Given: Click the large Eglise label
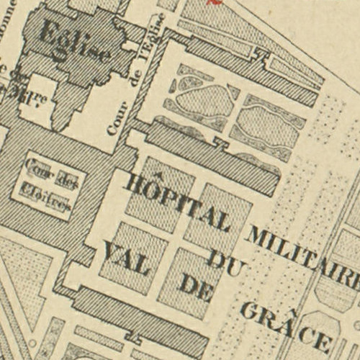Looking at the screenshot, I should [x=76, y=42].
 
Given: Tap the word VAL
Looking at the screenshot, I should [x=126, y=260].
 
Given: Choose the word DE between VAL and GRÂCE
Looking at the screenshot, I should [x=197, y=286].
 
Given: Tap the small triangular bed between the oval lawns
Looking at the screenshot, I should [x=232, y=93].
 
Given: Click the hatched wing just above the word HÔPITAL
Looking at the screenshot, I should [x=209, y=155].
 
